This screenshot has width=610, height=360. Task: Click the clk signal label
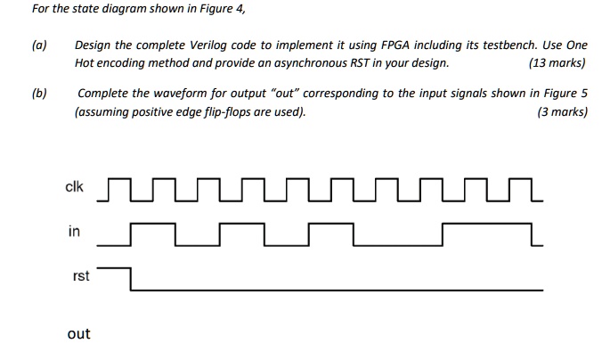(x=74, y=187)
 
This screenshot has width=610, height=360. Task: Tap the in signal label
(x=74, y=231)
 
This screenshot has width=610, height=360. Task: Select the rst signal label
(x=81, y=275)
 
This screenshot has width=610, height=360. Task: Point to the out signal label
(x=78, y=333)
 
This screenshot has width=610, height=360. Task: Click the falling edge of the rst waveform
(x=131, y=279)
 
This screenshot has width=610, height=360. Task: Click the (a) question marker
(x=39, y=45)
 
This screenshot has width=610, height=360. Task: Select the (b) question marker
(x=39, y=94)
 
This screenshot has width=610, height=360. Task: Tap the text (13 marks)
(x=557, y=63)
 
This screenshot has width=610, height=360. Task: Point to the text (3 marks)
(x=563, y=112)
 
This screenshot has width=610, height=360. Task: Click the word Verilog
(x=207, y=45)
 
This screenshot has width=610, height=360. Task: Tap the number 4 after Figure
(x=240, y=9)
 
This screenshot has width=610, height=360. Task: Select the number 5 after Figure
(x=584, y=94)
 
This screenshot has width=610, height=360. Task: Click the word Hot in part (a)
(x=84, y=63)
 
